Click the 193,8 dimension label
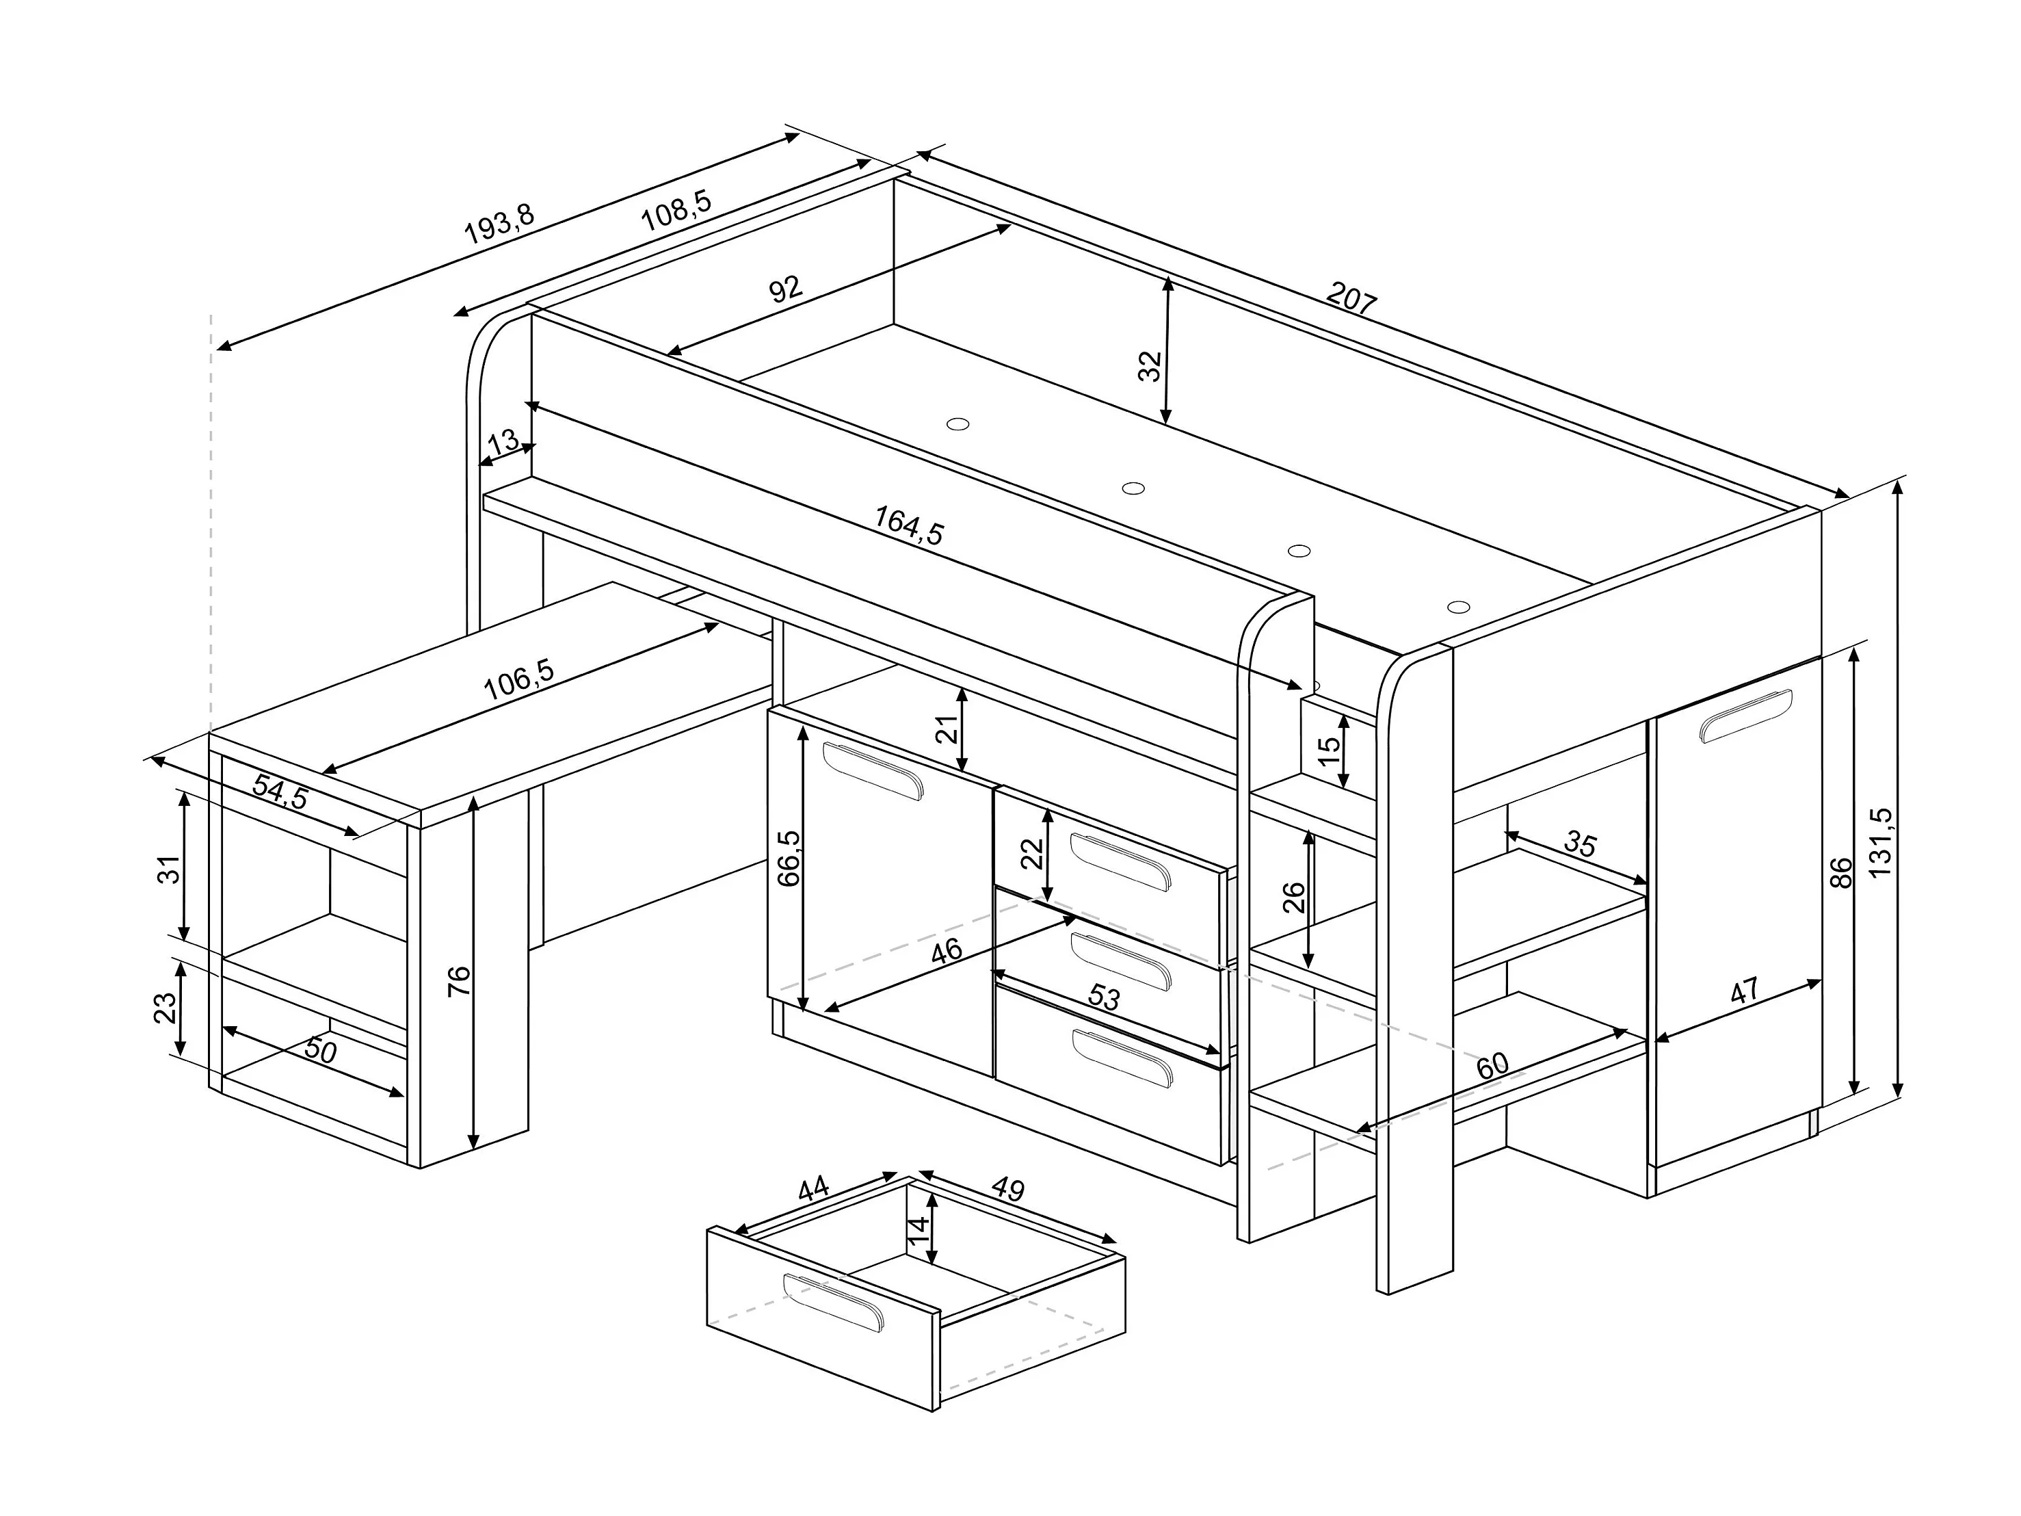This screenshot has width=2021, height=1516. pos(499,224)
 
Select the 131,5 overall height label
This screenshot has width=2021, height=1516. pos(1880,843)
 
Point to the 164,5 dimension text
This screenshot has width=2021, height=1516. pos(909,525)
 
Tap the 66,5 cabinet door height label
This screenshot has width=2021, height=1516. pos(789,857)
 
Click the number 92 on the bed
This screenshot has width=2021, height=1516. pos(785,289)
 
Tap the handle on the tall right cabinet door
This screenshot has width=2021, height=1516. pos(1746,715)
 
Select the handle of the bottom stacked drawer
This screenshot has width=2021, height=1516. pos(1121,1058)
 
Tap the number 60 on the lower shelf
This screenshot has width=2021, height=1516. pos(1491,1067)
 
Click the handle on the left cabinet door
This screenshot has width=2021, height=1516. pos(873,770)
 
